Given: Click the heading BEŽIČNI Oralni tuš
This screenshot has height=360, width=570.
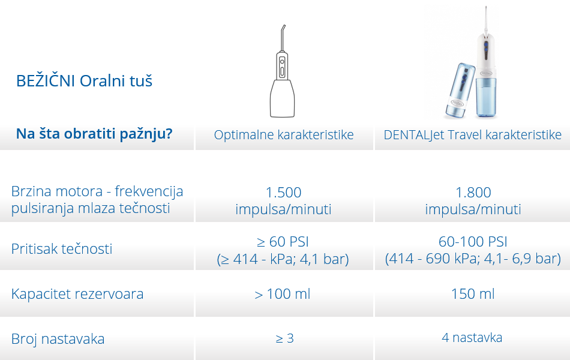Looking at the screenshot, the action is (x=84, y=81).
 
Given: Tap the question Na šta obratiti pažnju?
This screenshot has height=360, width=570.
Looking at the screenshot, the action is (x=94, y=134).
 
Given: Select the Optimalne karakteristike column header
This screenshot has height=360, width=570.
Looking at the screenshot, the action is (x=284, y=134).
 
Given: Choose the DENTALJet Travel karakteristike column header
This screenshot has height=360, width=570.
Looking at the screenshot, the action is (x=473, y=134).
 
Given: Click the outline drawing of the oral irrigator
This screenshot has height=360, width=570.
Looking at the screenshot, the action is (x=283, y=71).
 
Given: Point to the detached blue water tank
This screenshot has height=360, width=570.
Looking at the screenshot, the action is (x=461, y=91).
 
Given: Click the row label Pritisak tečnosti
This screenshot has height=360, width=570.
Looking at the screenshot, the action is (x=62, y=249).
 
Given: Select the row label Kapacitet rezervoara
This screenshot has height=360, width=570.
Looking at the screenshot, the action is (x=77, y=294).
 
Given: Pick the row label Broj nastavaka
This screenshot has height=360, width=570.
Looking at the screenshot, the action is (x=58, y=339).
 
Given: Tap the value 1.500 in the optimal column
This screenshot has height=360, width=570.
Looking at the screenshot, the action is (x=284, y=193).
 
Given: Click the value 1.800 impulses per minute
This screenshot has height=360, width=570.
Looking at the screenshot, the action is (x=473, y=201).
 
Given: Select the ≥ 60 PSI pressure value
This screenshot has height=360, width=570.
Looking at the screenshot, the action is (x=283, y=241).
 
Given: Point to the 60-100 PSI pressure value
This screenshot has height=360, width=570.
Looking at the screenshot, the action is (x=473, y=241).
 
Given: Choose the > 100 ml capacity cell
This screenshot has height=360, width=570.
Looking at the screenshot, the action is (x=283, y=294).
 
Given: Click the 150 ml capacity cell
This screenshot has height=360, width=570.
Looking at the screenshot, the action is (x=473, y=294).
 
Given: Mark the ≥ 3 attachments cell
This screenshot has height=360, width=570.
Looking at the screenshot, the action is (x=284, y=338).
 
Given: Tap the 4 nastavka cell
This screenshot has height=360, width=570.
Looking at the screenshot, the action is (x=472, y=338).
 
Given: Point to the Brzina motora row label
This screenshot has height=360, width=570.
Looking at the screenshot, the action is (x=97, y=200).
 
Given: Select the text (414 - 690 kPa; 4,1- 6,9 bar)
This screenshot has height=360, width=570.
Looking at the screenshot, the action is (x=473, y=259).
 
